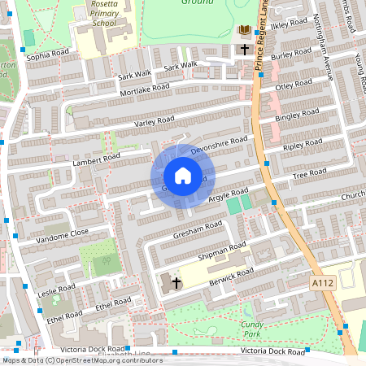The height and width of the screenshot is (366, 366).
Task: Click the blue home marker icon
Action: [183, 176]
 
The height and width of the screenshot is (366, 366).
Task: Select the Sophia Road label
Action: [49, 54]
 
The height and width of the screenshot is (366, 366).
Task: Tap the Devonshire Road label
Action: [219, 146]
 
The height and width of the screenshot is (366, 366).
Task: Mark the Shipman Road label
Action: [225, 251]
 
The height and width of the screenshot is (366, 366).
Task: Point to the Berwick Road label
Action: [233, 277]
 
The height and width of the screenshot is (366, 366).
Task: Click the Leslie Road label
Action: [56, 290]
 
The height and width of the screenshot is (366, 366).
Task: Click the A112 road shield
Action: [322, 281]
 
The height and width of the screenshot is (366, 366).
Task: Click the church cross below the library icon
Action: [244, 50]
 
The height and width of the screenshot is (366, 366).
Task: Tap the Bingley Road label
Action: [294, 115]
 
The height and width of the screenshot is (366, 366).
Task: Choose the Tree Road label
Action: [309, 174]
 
